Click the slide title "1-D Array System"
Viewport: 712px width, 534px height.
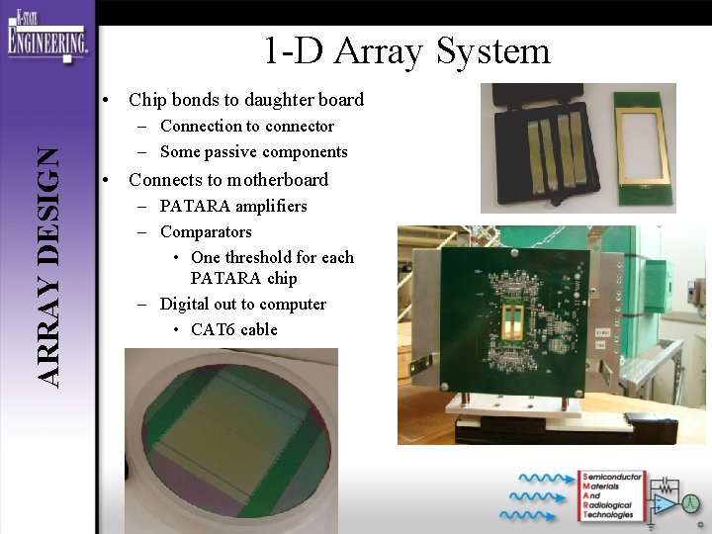pos(405,51)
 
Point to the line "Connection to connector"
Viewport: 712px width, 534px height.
pos(247,127)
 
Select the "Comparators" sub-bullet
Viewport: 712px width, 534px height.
pos(206,232)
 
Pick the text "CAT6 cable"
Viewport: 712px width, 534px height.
pos(234,330)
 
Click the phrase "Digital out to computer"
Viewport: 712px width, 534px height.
pos(242,305)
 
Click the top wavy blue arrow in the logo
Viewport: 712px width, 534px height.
pos(539,479)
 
